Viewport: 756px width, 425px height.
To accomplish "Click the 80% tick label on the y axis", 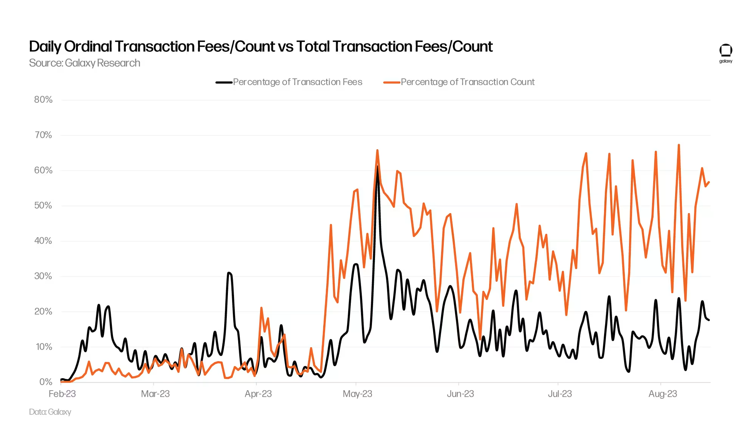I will [43, 100].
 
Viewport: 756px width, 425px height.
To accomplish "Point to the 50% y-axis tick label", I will [43, 206].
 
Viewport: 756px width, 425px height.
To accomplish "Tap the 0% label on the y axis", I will [46, 382].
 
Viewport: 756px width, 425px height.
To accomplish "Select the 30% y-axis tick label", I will [43, 276].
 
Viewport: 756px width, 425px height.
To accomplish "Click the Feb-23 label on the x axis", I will [62, 394].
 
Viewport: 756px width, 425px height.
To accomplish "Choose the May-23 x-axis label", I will [357, 394].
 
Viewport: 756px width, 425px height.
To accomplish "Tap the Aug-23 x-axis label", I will [663, 394].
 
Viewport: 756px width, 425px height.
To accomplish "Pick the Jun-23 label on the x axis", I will [460, 394].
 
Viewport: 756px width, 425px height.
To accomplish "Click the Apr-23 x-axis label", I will [258, 394].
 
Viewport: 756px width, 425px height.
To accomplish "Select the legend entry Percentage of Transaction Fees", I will [297, 82].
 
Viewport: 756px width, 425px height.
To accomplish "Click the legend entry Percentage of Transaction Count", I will [468, 82].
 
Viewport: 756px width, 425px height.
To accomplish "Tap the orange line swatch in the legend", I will [392, 82].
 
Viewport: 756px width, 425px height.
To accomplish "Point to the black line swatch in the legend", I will [224, 82].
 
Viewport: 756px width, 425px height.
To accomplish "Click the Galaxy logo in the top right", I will [725, 53].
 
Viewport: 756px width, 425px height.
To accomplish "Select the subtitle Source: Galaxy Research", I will [85, 63].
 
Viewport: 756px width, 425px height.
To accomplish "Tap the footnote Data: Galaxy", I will [50, 412].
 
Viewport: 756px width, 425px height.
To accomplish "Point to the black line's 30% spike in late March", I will [229, 273].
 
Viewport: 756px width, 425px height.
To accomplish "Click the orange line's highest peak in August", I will [679, 145].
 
